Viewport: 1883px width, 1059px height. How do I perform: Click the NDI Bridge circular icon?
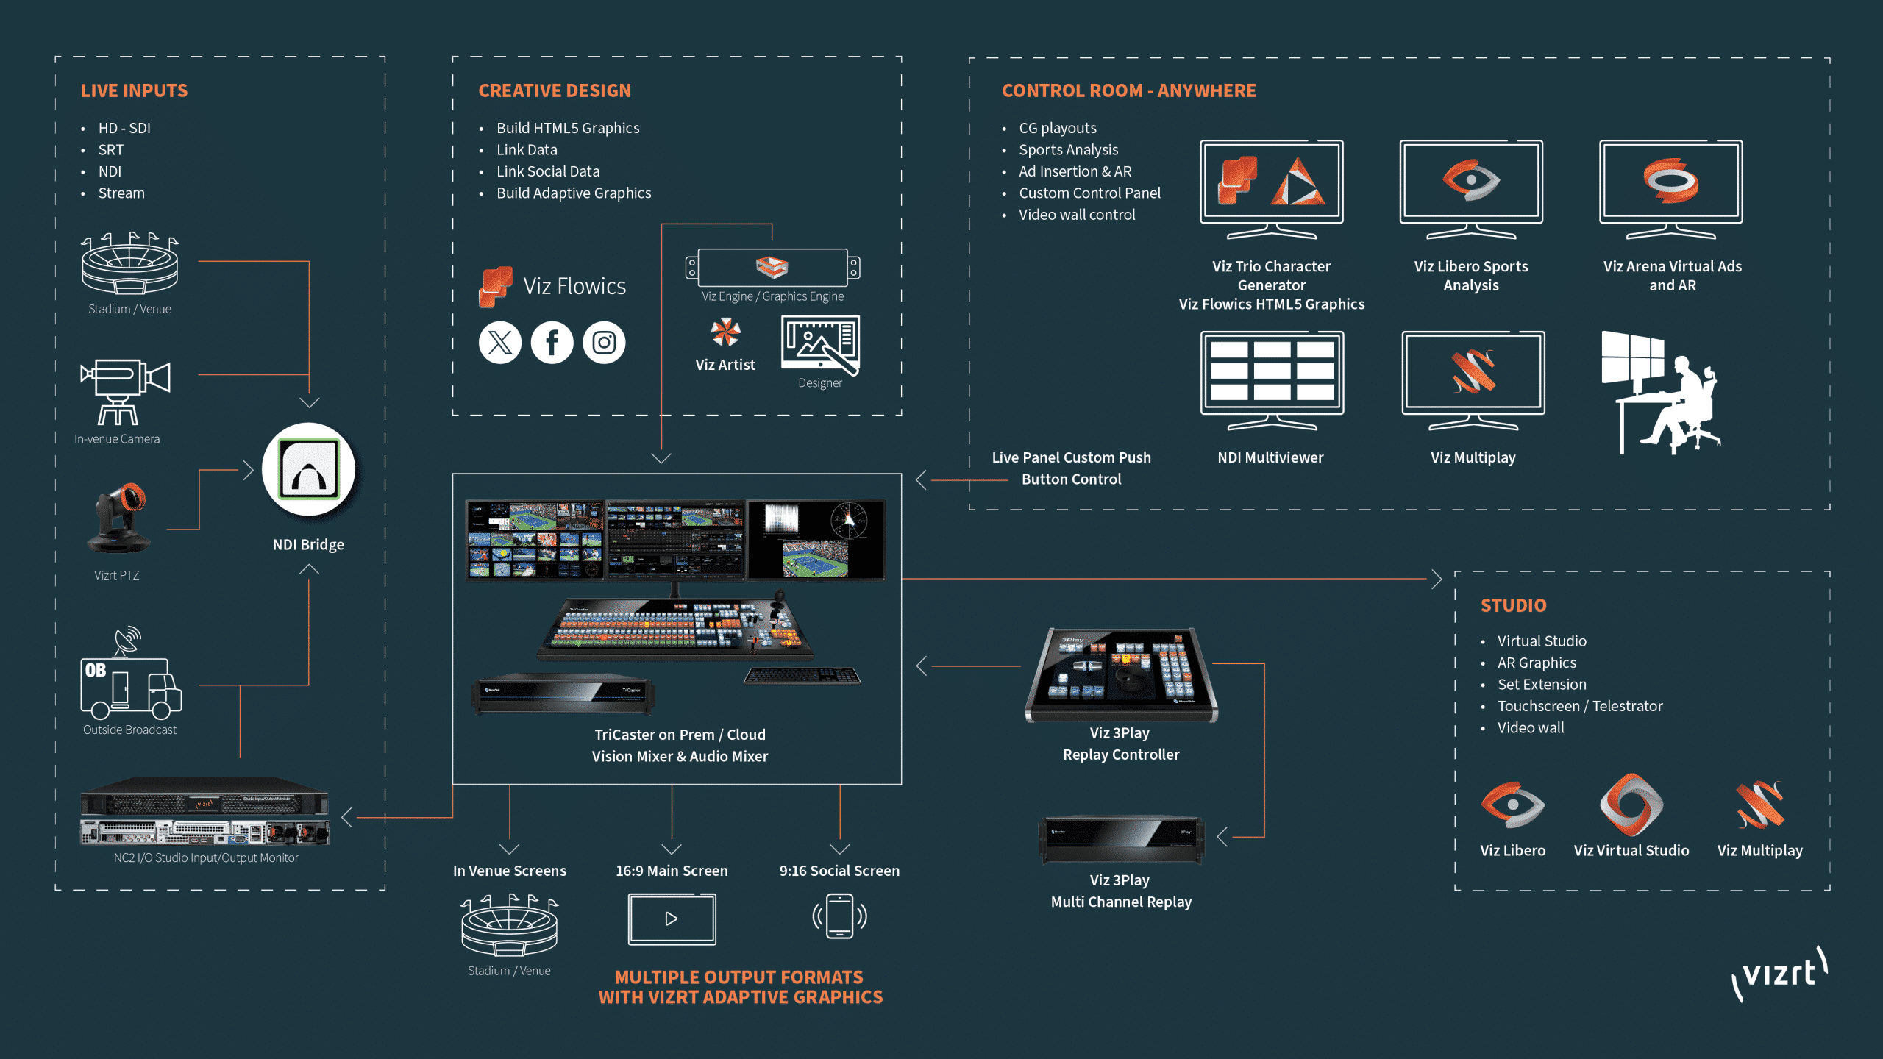click(x=308, y=469)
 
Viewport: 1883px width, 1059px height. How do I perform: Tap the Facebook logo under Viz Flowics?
click(x=552, y=343)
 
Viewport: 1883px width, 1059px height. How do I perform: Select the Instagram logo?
click(x=604, y=343)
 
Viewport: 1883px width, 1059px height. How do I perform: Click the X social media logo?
click(x=500, y=343)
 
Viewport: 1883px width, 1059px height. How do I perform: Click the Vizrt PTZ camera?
click(x=120, y=518)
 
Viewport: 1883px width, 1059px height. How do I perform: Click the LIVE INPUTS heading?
click(x=134, y=90)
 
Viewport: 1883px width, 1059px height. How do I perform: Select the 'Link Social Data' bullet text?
click(x=548, y=171)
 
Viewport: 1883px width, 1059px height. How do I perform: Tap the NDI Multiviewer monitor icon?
click(x=1272, y=379)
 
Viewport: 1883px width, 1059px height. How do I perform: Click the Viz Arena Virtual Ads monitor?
click(x=1670, y=188)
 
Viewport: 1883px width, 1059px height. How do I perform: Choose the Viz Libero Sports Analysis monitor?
click(x=1471, y=188)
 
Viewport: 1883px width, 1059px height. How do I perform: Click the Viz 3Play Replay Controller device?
click(x=1121, y=674)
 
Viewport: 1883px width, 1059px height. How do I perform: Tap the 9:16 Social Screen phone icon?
click(x=839, y=916)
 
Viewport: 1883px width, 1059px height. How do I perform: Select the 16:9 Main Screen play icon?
click(x=672, y=919)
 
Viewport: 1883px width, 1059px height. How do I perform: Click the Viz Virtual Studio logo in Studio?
click(x=1631, y=805)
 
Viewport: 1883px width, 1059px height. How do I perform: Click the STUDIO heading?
click(x=1513, y=605)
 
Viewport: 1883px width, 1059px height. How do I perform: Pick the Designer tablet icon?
click(x=820, y=345)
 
